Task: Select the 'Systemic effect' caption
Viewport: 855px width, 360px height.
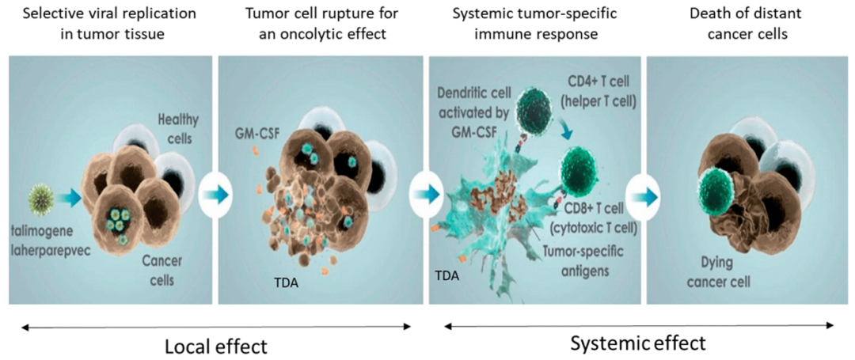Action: [x=638, y=343]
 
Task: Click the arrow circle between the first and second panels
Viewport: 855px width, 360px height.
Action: [x=215, y=195]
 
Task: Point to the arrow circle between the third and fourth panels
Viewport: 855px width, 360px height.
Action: [x=642, y=195]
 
